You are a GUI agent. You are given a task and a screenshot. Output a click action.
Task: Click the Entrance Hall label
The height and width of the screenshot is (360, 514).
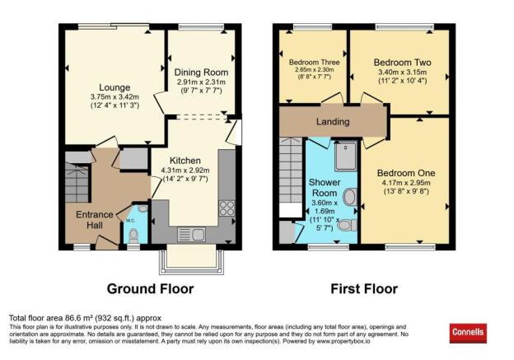[x=88, y=215]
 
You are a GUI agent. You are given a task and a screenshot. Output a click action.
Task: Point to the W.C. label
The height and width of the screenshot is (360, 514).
[x=129, y=221]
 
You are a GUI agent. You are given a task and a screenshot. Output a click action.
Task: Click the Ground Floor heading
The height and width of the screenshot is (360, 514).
[x=151, y=289]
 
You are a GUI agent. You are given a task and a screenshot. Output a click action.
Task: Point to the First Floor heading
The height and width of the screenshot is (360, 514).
[x=363, y=289]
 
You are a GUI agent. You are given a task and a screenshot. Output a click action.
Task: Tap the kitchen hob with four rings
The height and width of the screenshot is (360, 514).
[x=227, y=208]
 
